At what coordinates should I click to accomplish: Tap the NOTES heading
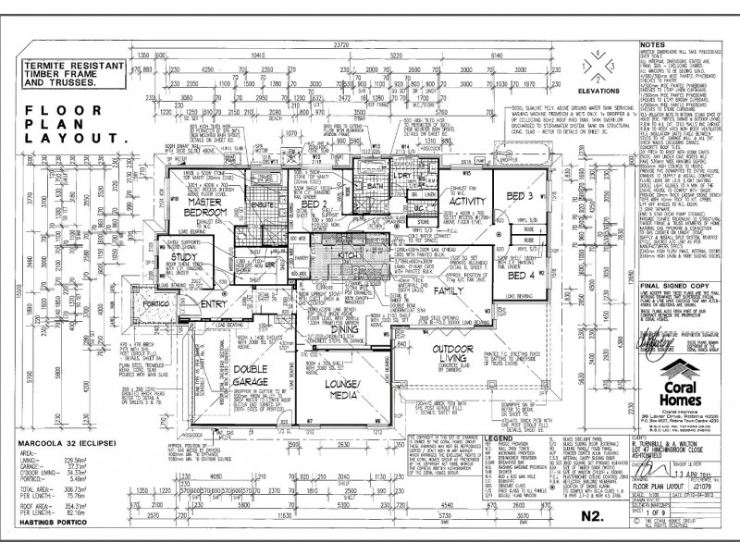(x=653, y=43)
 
